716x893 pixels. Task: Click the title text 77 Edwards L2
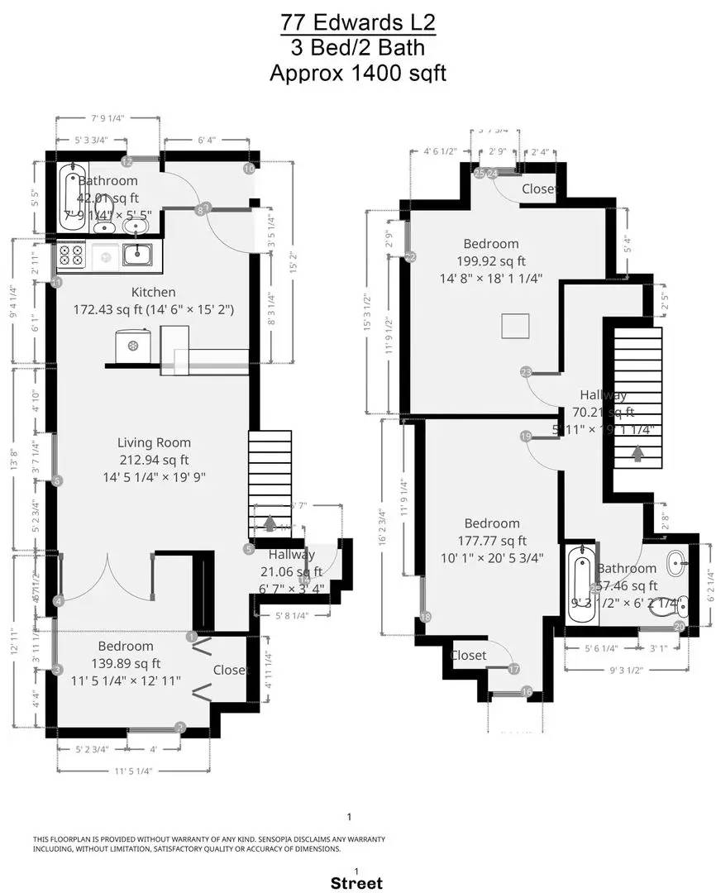click(357, 21)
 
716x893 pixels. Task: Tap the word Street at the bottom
click(356, 883)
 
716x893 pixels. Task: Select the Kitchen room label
click(153, 292)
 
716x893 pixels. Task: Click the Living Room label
click(153, 442)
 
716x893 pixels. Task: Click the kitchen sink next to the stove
click(136, 255)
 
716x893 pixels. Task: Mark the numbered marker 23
click(526, 372)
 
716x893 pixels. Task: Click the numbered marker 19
click(526, 437)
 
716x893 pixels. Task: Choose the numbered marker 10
click(249, 169)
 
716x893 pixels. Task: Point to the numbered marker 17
click(513, 669)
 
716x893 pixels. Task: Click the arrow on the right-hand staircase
click(637, 453)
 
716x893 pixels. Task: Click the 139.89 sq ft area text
click(126, 663)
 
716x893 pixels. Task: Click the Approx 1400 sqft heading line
click(357, 73)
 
